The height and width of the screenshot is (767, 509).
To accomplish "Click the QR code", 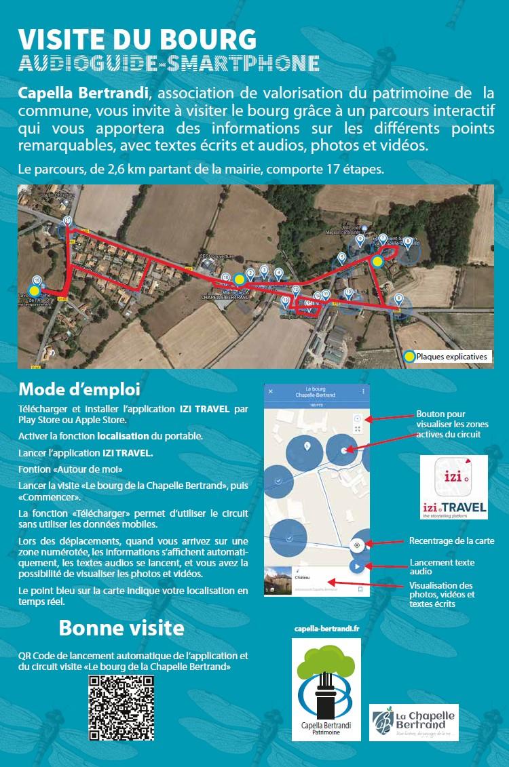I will tap(121, 709).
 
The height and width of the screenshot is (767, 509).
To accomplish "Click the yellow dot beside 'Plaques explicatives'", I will tap(409, 356).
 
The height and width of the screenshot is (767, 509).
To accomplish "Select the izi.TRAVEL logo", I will tap(453, 487).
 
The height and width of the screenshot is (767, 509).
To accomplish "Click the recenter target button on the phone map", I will tap(357, 545).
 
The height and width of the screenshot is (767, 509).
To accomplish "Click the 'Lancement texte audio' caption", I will tap(442, 567).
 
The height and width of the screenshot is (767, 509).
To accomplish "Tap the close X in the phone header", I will tap(270, 391).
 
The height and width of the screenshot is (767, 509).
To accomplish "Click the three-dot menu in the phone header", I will tap(363, 391).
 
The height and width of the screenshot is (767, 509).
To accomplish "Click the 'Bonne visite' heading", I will tap(121, 627).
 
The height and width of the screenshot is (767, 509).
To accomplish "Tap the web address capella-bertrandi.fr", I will tap(326, 629).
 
